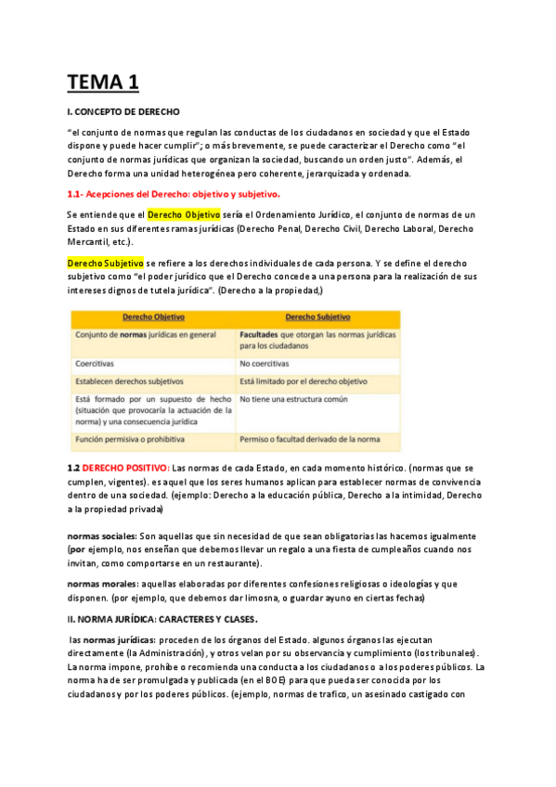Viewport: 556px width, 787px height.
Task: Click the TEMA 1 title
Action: (x=103, y=82)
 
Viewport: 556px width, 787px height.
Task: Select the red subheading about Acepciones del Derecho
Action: (x=174, y=194)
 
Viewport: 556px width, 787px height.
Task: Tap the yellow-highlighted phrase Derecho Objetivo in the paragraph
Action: (x=183, y=214)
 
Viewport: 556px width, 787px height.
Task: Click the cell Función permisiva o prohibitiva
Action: (x=130, y=438)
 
